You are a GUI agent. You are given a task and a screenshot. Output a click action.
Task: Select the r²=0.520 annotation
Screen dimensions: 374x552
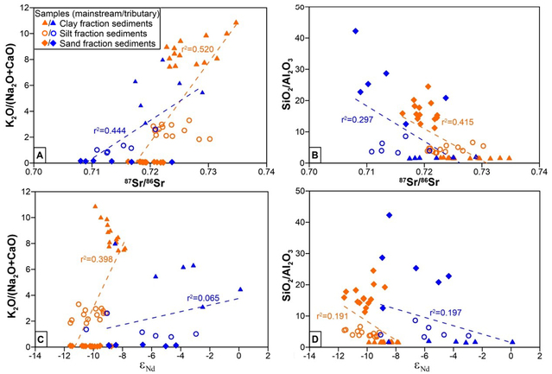(x=196, y=50)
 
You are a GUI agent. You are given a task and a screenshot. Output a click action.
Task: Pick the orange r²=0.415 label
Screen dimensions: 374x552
(x=459, y=123)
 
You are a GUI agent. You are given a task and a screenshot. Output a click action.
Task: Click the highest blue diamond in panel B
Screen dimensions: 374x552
(x=355, y=31)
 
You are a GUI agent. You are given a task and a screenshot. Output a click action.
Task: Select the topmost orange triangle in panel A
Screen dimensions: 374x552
(x=237, y=22)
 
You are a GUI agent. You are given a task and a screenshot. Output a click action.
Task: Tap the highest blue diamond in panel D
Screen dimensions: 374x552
(x=390, y=215)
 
